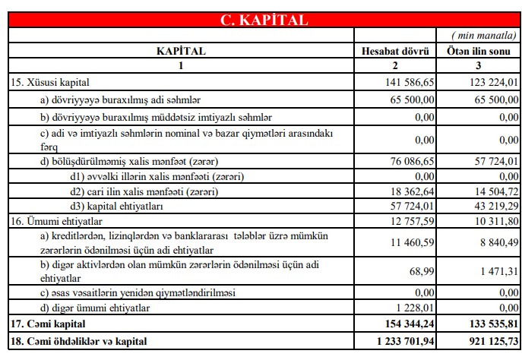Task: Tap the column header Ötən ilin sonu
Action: pos(479,52)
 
